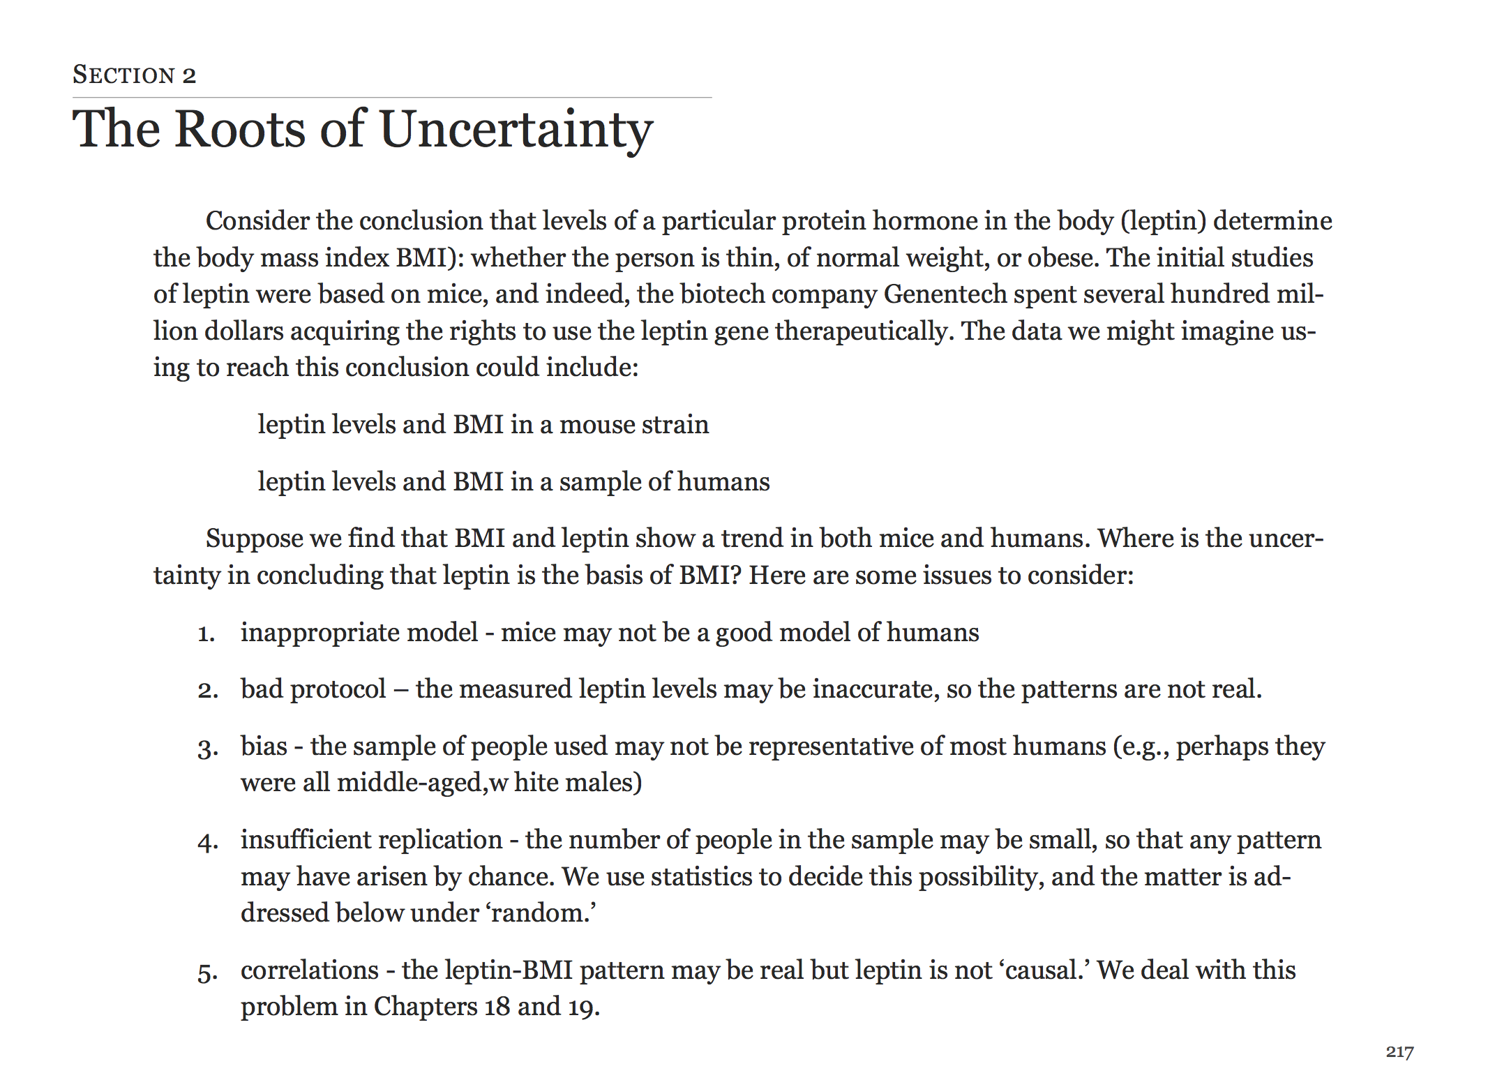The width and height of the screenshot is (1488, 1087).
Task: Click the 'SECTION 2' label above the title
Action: (x=134, y=75)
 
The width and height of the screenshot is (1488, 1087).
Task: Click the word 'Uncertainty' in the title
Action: (x=516, y=130)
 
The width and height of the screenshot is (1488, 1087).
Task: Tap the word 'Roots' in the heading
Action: (x=240, y=130)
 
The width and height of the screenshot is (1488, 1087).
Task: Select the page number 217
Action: (x=1399, y=1051)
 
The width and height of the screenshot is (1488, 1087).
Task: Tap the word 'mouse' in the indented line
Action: (x=593, y=425)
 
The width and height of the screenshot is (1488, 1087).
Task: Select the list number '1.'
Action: (x=206, y=634)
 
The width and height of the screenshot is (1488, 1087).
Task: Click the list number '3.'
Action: (x=207, y=748)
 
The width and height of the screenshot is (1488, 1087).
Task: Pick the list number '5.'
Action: (x=207, y=972)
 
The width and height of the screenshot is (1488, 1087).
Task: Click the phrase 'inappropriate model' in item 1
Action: (x=359, y=633)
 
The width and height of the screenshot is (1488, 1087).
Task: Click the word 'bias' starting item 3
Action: (x=264, y=747)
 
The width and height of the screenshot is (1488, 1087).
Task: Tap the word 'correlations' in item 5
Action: (x=310, y=970)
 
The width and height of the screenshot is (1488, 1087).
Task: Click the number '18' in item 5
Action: (x=497, y=1007)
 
